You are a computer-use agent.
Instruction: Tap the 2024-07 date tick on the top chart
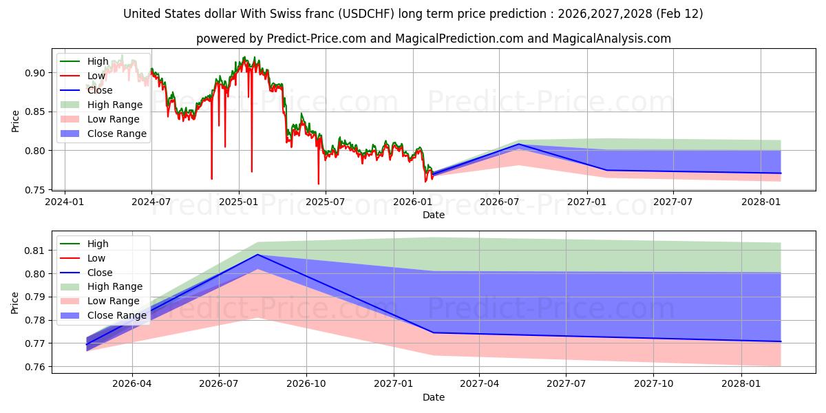click(x=151, y=202)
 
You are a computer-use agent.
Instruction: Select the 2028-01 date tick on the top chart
click(x=761, y=202)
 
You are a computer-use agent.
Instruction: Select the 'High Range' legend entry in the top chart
click(x=115, y=105)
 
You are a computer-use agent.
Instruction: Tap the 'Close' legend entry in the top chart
click(x=100, y=90)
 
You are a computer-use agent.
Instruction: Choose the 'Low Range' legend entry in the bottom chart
click(x=113, y=301)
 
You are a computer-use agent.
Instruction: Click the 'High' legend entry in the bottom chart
click(x=98, y=244)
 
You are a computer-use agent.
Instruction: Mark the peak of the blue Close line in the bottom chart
click(x=257, y=255)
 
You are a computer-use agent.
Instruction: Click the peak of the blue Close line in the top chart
click(x=518, y=144)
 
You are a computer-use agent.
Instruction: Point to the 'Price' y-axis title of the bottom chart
click(x=15, y=302)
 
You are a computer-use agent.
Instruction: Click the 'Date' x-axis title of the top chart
click(x=434, y=215)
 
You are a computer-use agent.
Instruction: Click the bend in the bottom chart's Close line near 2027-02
click(x=432, y=333)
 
